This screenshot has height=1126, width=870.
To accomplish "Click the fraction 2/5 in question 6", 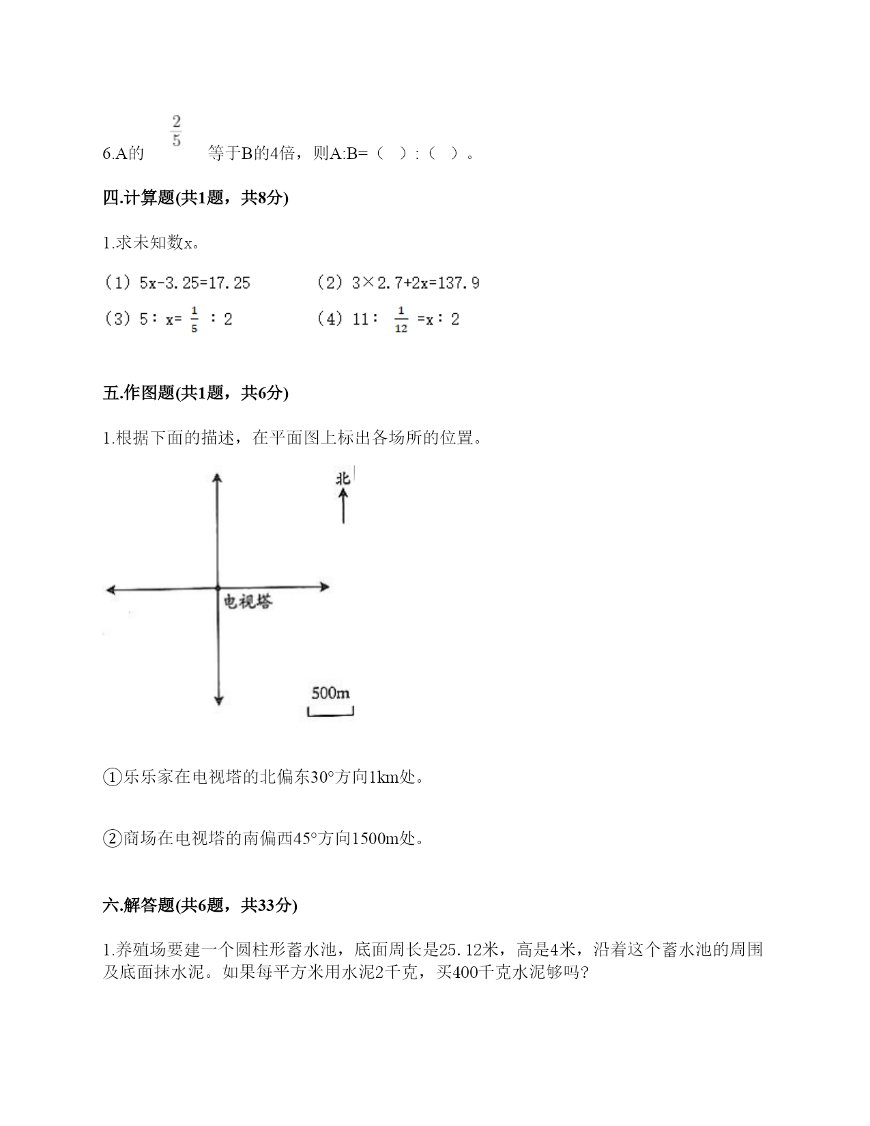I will click(x=176, y=132).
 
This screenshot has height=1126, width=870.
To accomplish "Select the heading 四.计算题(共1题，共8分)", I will click(x=195, y=198).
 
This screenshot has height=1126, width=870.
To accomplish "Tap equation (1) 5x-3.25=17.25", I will click(x=177, y=283).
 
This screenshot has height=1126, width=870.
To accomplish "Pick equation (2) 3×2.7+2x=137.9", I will click(x=398, y=283).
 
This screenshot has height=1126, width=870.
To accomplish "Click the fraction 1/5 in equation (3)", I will click(x=194, y=319).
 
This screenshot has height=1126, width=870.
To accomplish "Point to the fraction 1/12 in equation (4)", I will click(x=401, y=319).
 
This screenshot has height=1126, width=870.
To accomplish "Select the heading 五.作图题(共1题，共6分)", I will click(x=195, y=392).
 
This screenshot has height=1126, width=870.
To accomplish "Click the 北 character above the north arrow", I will click(x=343, y=478).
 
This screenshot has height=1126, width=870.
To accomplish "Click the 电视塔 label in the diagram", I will click(x=248, y=601).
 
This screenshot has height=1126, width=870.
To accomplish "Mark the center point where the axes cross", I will click(x=218, y=588).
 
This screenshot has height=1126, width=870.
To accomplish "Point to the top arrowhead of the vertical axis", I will click(x=218, y=478).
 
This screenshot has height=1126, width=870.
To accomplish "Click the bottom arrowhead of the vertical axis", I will click(x=218, y=699).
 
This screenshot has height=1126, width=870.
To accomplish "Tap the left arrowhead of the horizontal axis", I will click(x=111, y=589).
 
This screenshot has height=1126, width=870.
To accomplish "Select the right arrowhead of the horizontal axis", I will click(x=325, y=586).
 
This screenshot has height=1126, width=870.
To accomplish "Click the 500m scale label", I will click(x=330, y=693).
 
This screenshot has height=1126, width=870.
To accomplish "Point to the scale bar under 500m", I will click(x=330, y=713).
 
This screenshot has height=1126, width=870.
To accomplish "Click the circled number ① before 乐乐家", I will click(x=112, y=777).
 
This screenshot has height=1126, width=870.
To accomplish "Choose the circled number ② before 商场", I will click(x=112, y=838).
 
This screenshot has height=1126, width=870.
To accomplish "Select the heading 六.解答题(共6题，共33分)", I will click(x=200, y=905).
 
